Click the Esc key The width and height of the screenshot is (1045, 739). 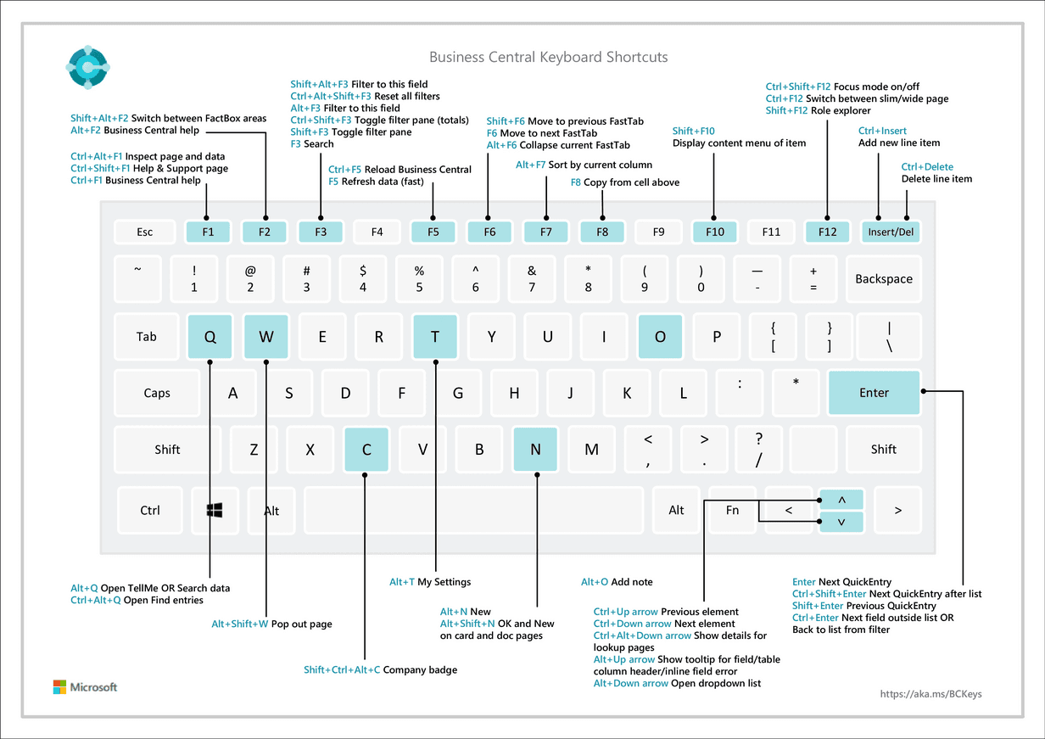point(145,232)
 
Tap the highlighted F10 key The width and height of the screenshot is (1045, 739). point(714,232)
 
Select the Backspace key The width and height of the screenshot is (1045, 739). point(883,279)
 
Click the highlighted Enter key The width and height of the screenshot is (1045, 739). point(874,393)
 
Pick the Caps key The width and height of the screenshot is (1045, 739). point(157,393)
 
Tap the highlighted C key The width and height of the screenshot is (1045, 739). point(366,450)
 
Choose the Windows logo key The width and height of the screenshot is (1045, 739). point(215,510)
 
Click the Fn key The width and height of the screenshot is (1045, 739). point(732,510)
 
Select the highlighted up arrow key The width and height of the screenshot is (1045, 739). point(841,500)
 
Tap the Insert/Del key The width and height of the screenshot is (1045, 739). point(891,232)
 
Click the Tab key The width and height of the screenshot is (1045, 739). point(147,337)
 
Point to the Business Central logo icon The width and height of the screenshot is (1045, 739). point(87,65)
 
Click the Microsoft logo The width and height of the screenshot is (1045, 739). point(85,687)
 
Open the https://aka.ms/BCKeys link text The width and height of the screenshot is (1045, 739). point(931,694)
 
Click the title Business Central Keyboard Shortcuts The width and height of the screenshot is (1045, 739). point(548,58)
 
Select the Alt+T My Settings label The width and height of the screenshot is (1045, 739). point(430,582)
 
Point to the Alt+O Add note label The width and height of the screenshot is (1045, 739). point(617,582)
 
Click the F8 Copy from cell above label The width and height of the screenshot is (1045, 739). point(624,182)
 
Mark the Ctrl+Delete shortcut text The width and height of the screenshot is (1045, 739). point(927,167)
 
